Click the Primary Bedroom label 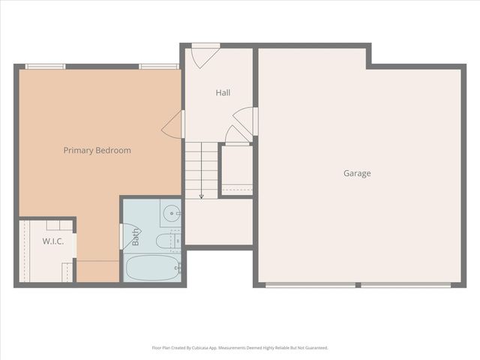pos(97,150)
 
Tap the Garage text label pos(357,173)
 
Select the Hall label pos(223,93)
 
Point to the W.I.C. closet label pos(52,241)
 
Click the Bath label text pos(136,238)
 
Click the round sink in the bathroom pos(172,213)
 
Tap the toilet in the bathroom pos(164,241)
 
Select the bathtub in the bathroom pos(151,268)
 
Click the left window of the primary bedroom pos(45,67)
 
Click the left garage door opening pos(310,284)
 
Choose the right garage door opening pos(406,284)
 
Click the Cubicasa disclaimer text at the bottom pos(240,348)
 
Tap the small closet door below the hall pos(238,135)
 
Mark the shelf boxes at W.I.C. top pos(56,224)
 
